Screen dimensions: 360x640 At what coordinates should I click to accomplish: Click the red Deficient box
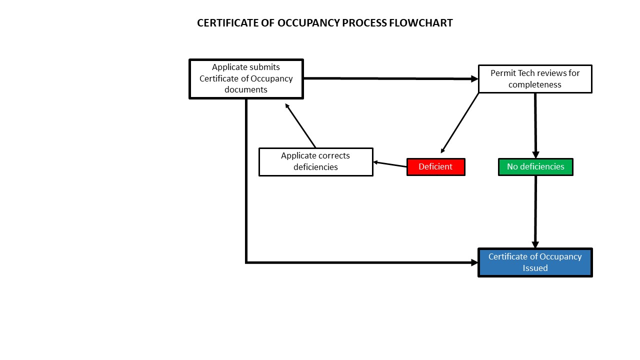[x=435, y=167]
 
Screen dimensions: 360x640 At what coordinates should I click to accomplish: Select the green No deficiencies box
[x=535, y=167]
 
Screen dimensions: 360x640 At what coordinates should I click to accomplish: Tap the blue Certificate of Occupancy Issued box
[x=535, y=262]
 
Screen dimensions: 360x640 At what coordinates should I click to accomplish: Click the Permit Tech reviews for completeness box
[x=535, y=79]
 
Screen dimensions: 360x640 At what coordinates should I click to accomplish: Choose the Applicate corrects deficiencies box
[x=315, y=161]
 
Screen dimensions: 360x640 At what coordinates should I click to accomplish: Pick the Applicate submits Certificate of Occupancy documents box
[x=246, y=79]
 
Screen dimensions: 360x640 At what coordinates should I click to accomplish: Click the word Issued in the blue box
[x=535, y=268]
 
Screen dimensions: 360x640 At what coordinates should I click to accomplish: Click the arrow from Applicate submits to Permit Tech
[x=390, y=78]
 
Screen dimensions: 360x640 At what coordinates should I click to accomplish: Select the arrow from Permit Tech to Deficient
[x=460, y=123]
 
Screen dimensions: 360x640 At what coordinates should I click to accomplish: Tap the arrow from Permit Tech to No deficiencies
[x=535, y=125]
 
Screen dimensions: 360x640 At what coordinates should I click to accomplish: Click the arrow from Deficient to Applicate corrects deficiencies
[x=390, y=164]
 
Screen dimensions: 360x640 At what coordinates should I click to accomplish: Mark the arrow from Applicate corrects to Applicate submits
[x=300, y=125]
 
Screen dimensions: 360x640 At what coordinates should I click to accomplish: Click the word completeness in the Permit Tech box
[x=535, y=84]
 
